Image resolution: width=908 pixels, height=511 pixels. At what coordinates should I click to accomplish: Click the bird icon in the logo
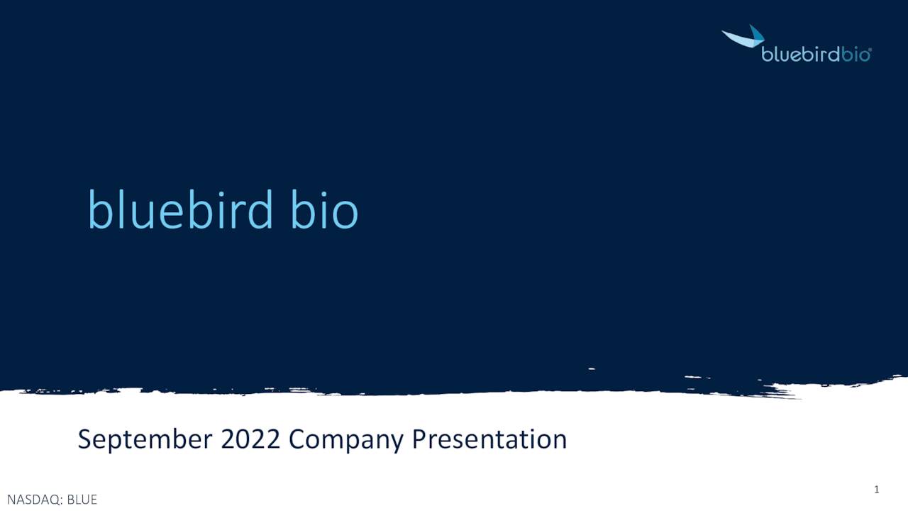[743, 37]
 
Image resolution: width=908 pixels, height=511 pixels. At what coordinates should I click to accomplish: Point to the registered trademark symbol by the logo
[870, 50]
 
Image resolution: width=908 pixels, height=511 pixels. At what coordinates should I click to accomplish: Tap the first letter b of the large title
[99, 209]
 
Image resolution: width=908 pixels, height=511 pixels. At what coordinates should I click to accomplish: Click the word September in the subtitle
[145, 439]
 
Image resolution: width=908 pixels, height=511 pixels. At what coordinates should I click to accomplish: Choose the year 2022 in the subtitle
[251, 439]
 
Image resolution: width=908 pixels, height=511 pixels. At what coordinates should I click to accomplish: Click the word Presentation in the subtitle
[489, 439]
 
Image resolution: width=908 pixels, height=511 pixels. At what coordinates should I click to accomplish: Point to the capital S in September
[85, 439]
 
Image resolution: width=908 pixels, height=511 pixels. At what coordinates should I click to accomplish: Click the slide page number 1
[877, 489]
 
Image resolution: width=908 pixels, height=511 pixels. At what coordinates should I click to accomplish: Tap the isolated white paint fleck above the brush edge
[591, 369]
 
